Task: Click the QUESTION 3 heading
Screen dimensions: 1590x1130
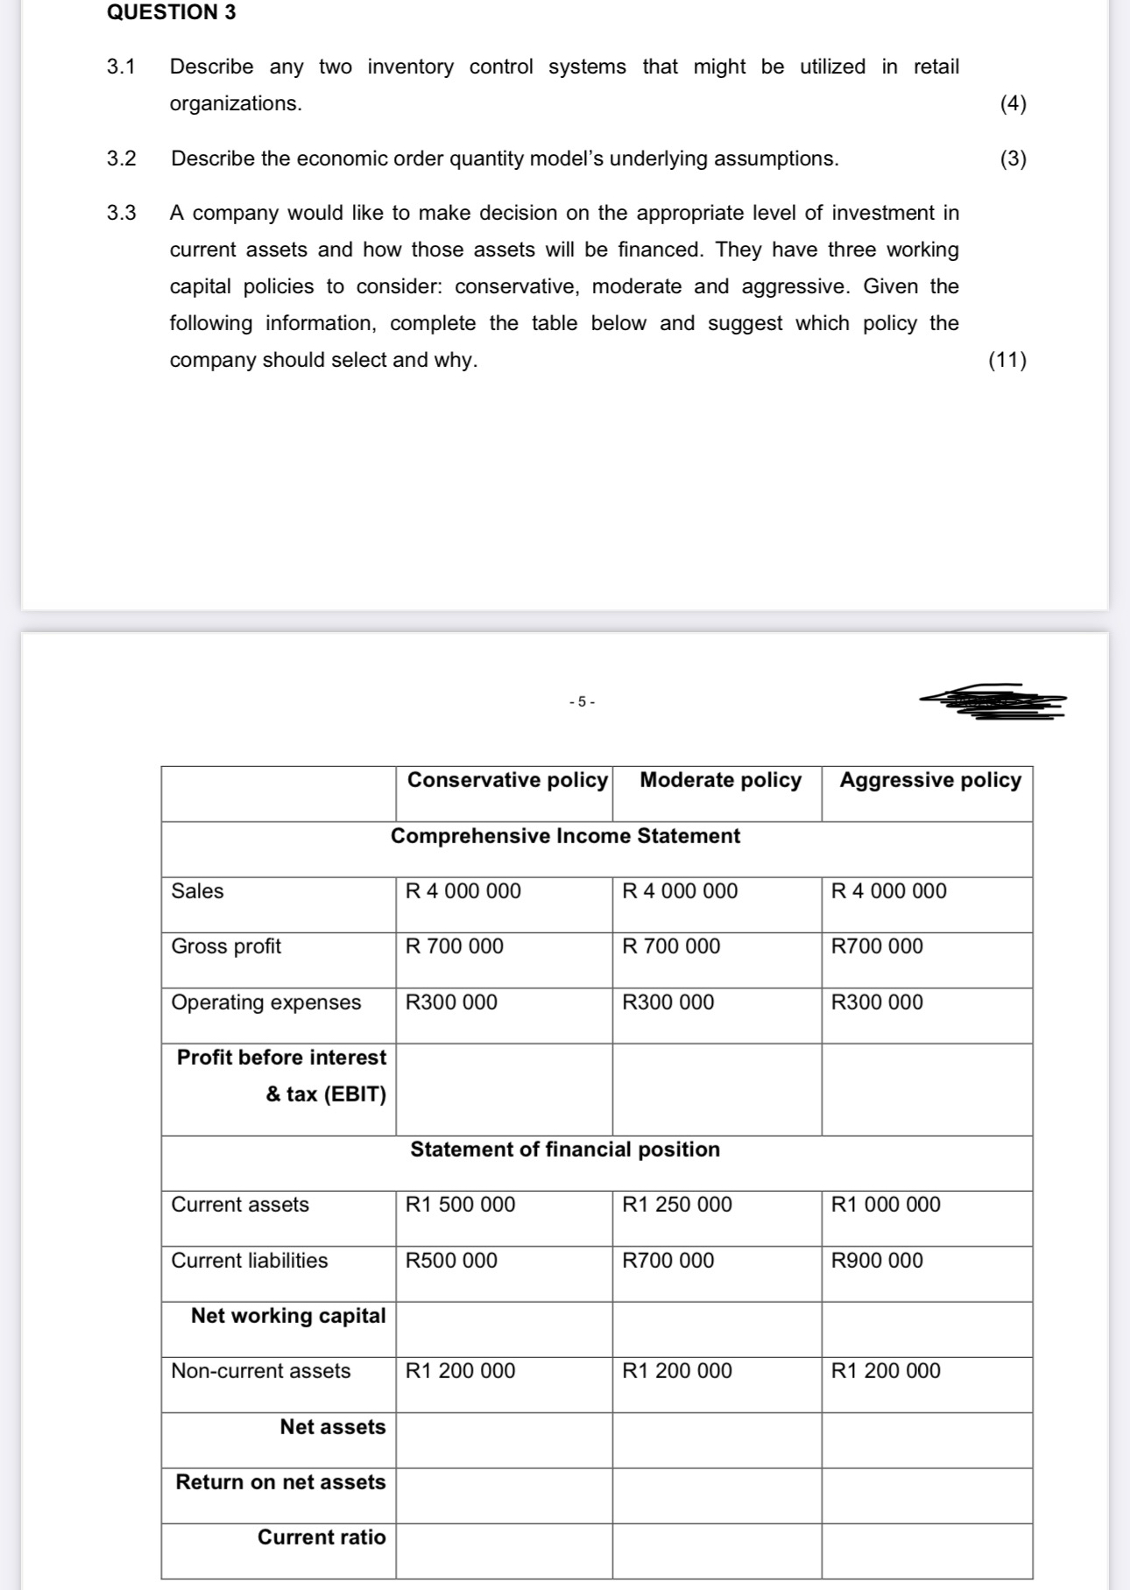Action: click(171, 12)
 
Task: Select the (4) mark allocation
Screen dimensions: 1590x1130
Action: click(1013, 103)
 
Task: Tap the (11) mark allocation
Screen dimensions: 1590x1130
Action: click(1007, 360)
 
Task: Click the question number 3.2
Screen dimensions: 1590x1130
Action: click(122, 158)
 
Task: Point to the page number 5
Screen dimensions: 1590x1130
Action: click(581, 701)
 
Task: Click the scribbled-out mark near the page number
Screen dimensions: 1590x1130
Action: click(994, 700)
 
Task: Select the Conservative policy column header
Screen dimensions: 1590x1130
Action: click(507, 780)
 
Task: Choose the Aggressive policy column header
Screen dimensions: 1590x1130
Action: click(930, 780)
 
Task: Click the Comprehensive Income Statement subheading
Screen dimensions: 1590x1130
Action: click(565, 836)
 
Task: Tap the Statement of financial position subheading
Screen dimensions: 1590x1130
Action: click(565, 1150)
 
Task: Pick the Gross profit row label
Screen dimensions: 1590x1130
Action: click(226, 946)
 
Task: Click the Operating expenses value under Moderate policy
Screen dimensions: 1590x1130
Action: click(667, 1003)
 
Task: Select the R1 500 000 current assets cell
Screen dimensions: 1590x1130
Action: click(460, 1205)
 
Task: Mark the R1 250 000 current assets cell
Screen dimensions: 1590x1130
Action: click(676, 1205)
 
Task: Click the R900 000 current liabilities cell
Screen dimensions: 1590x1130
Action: click(877, 1261)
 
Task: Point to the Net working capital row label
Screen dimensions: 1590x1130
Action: click(288, 1316)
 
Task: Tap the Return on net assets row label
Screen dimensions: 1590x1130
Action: click(280, 1482)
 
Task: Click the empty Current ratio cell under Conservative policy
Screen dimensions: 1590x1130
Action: click(504, 1551)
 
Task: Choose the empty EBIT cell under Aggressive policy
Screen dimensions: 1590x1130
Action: click(927, 1089)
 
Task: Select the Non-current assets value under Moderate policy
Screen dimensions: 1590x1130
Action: click(676, 1371)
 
